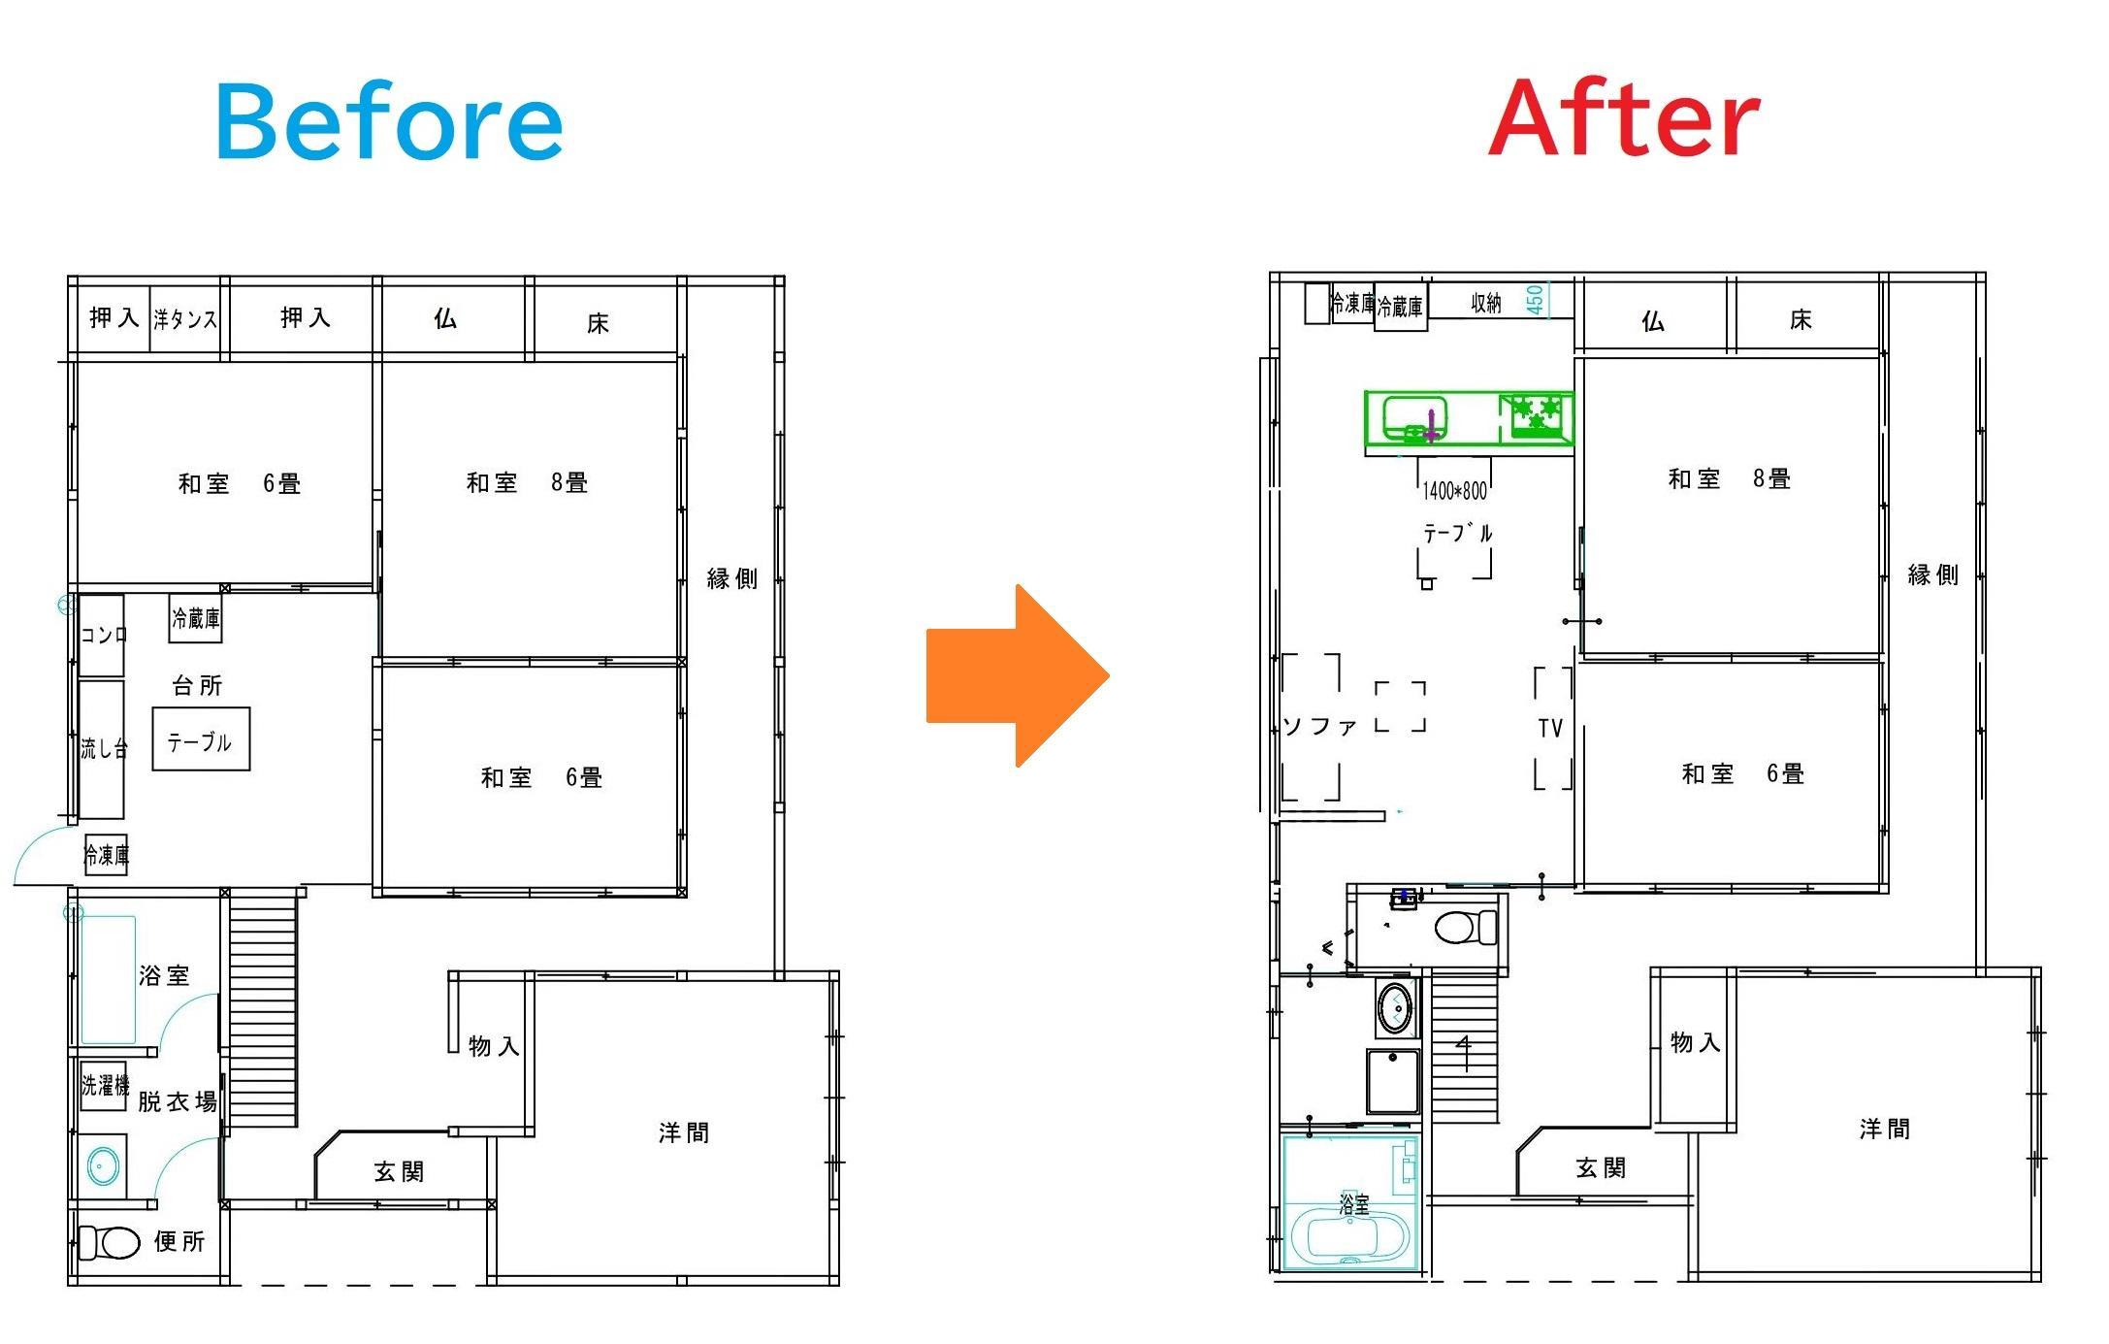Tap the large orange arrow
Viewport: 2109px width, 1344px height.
pos(1018,675)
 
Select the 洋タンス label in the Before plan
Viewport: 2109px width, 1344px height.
pos(184,318)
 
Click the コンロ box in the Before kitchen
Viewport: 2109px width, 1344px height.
pos(102,636)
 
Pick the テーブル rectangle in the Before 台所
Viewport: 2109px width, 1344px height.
pos(201,739)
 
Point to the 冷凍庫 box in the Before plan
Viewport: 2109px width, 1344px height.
pos(106,855)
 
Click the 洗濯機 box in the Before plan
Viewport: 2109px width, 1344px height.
pos(104,1084)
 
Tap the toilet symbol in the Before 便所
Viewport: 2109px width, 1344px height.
pos(109,1242)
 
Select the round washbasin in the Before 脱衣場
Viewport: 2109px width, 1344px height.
pos(103,1165)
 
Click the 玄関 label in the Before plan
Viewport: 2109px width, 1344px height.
pos(399,1172)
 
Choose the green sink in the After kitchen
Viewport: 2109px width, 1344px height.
pos(1414,418)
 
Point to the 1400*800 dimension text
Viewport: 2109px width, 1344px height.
pos(1454,491)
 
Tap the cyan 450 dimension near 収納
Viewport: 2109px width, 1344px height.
pos(1535,298)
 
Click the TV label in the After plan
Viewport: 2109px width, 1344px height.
pos(1550,728)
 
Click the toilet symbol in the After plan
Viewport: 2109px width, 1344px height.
pos(1466,927)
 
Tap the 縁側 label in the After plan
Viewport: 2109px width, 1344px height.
pos(1932,575)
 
